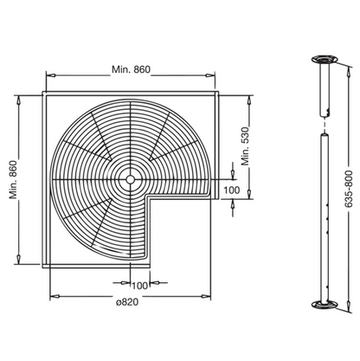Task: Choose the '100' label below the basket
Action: (x=140, y=286)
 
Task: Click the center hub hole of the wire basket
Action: (x=131, y=180)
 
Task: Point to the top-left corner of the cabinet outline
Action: (x=42, y=90)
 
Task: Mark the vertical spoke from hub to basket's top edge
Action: (x=131, y=139)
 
